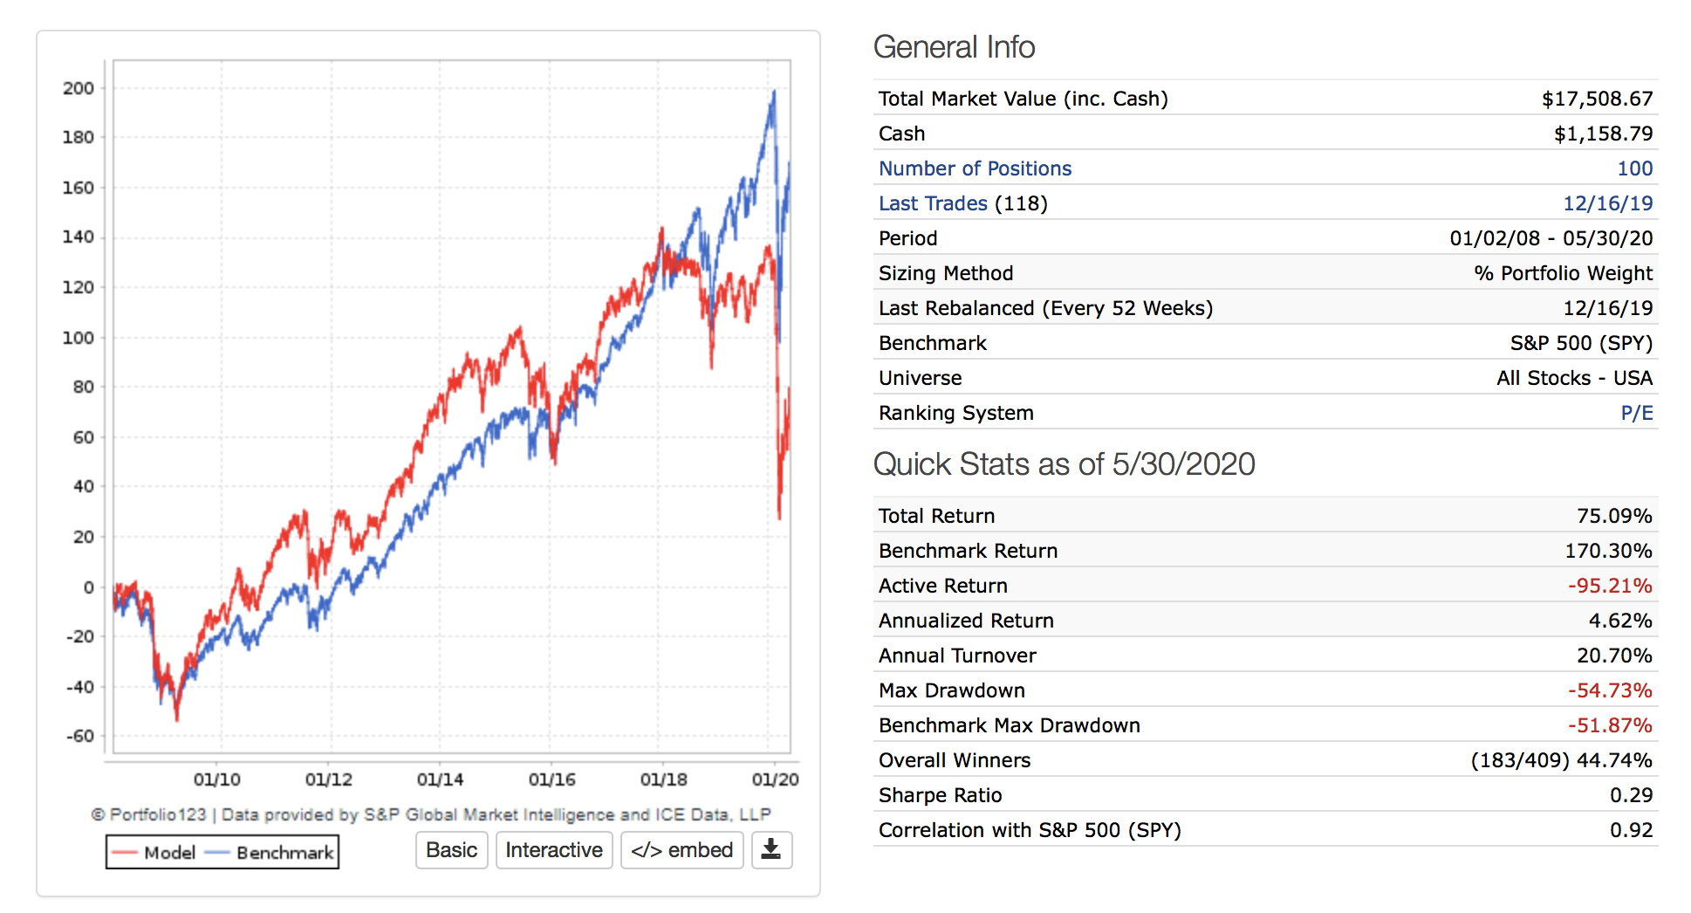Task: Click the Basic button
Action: click(x=451, y=850)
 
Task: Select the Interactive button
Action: click(x=554, y=850)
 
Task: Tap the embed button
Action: click(x=681, y=850)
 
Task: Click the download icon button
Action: click(x=771, y=850)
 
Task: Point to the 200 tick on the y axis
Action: click(x=79, y=88)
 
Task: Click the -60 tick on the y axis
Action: click(x=80, y=736)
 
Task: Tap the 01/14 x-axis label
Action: click(x=440, y=779)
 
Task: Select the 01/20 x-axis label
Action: click(x=775, y=779)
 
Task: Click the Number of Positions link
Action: click(x=975, y=168)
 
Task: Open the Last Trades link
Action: click(x=933, y=203)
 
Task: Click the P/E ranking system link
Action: click(x=1636, y=413)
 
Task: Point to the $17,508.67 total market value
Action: click(x=1597, y=99)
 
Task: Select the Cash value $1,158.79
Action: click(x=1603, y=134)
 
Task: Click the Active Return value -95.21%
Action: click(x=1610, y=586)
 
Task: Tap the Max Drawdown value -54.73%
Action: click(x=1610, y=690)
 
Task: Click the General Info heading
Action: click(x=954, y=47)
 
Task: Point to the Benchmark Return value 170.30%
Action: click(x=1608, y=551)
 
